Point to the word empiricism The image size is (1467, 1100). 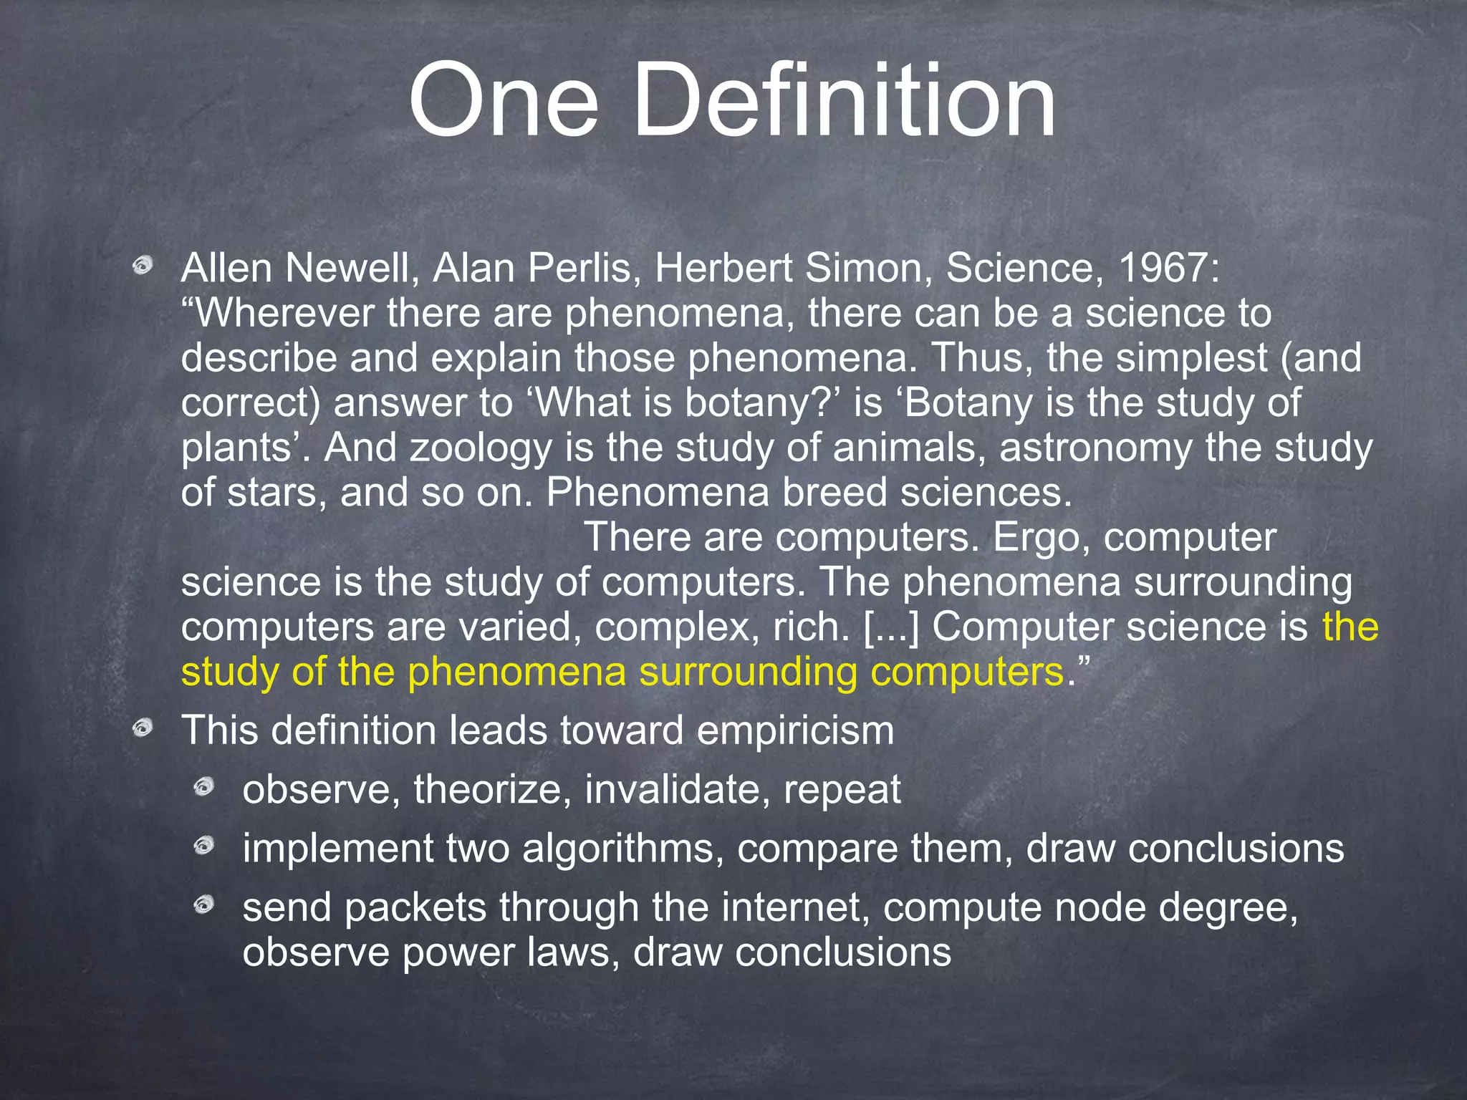coord(795,731)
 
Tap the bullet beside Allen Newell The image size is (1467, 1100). coord(143,267)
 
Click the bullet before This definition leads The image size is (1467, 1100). coord(143,729)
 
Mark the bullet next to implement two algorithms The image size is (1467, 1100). coord(204,846)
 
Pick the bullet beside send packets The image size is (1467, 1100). coord(204,906)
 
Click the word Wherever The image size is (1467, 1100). coord(284,314)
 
